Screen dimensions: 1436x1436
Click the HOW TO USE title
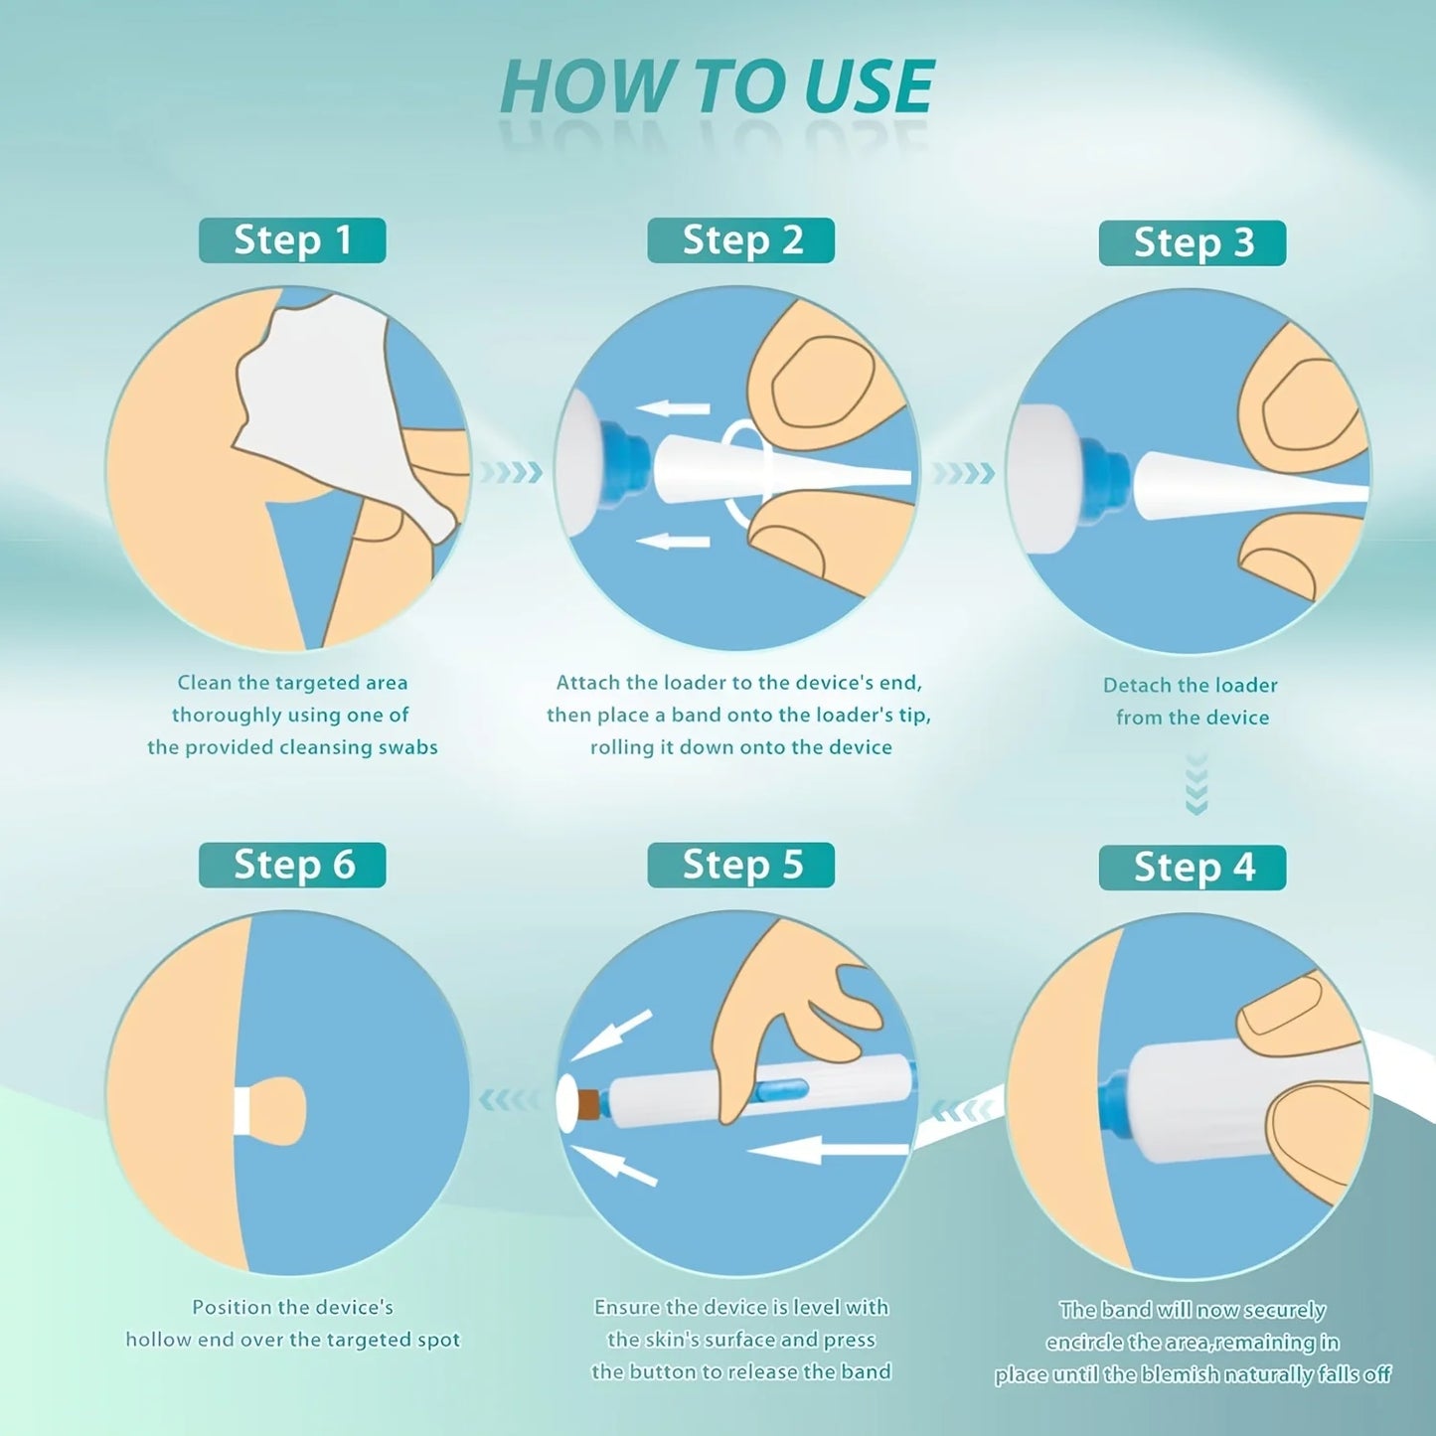(717, 86)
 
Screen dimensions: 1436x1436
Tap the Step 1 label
(292, 240)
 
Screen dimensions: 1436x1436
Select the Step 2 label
(741, 240)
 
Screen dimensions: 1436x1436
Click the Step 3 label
(1193, 243)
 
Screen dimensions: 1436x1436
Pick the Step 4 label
(1193, 868)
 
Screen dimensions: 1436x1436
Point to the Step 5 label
(741, 865)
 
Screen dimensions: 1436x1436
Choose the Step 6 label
(292, 865)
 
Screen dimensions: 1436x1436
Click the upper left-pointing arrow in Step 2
(673, 407)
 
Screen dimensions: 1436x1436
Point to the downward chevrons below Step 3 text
(1197, 785)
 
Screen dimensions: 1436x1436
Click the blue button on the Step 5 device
(782, 1090)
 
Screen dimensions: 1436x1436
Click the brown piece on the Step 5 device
(589, 1104)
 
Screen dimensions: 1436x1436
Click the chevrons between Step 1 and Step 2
(511, 472)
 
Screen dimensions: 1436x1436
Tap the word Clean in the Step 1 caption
(204, 683)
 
